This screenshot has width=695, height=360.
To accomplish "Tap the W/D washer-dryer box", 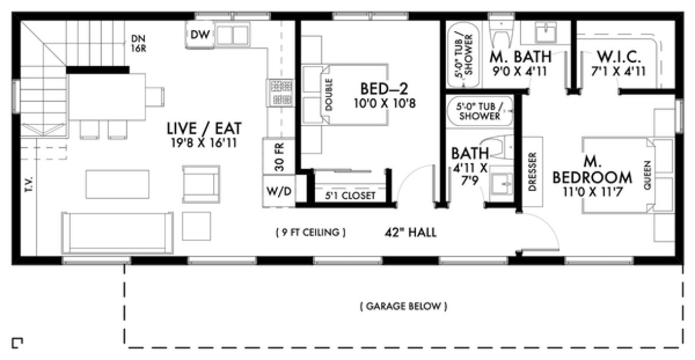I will pyautogui.click(x=279, y=193).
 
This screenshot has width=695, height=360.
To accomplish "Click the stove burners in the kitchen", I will pyautogui.click(x=278, y=93).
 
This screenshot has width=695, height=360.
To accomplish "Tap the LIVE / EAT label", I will pyautogui.click(x=204, y=128).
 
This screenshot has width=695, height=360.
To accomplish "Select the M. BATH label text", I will pyautogui.click(x=521, y=57).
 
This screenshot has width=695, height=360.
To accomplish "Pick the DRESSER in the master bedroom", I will pyautogui.click(x=532, y=173).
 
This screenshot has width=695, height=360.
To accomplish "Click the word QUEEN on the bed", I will pyautogui.click(x=648, y=174).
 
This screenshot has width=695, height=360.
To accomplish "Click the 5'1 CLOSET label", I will pyautogui.click(x=350, y=196).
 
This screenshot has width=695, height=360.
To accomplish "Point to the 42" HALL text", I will pyautogui.click(x=409, y=233).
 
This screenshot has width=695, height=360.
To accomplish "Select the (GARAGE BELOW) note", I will pyautogui.click(x=403, y=306).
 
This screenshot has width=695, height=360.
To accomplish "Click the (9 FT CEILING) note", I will pyautogui.click(x=310, y=233).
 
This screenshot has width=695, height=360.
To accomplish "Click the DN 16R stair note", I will pyautogui.click(x=138, y=44).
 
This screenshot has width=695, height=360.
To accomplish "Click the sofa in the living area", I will pyautogui.click(x=118, y=233).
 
